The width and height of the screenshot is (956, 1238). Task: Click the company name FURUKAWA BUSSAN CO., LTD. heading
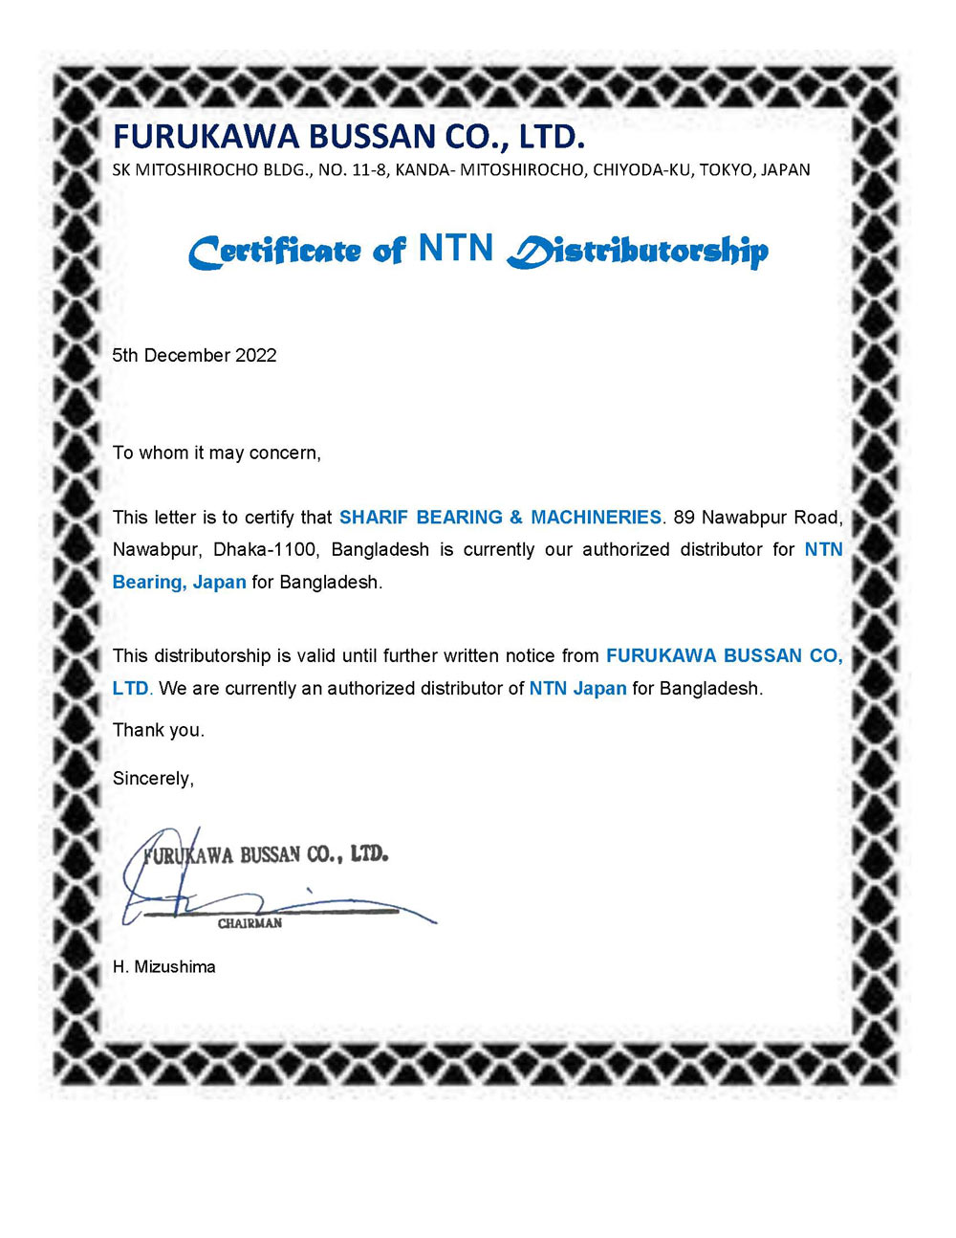pyautogui.click(x=348, y=137)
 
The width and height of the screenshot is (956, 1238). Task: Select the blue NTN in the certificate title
pyautogui.click(x=455, y=249)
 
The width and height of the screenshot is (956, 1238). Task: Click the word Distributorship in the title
pyautogui.click(x=638, y=251)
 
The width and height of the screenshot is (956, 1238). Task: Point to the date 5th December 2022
pyautogui.click(x=194, y=355)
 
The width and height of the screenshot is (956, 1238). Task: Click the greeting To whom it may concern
pyautogui.click(x=217, y=453)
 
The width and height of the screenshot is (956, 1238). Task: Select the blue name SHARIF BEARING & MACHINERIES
pyautogui.click(x=500, y=518)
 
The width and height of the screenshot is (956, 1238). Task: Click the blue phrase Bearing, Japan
pyautogui.click(x=179, y=583)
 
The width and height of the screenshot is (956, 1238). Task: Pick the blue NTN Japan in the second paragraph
pyautogui.click(x=577, y=689)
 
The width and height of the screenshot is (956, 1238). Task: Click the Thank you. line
pyautogui.click(x=159, y=730)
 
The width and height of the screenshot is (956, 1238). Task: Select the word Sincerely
pyautogui.click(x=153, y=779)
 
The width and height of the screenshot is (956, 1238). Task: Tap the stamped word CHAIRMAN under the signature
pyautogui.click(x=250, y=923)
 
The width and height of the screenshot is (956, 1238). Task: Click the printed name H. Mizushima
pyautogui.click(x=163, y=967)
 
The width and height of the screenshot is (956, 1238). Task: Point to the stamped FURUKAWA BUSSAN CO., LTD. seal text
pyautogui.click(x=268, y=854)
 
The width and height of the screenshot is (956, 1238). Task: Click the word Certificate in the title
pyautogui.click(x=274, y=253)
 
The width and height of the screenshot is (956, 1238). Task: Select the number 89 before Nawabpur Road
pyautogui.click(x=684, y=518)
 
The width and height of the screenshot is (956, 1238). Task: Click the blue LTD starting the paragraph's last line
pyautogui.click(x=130, y=689)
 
